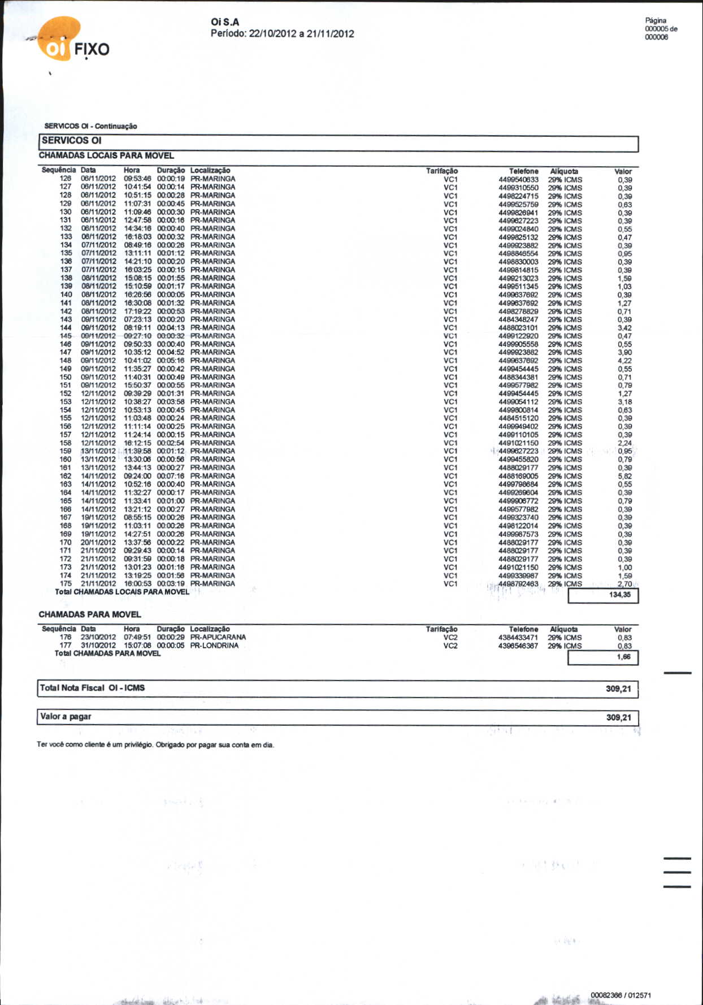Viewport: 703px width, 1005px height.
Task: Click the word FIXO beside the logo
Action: (92, 49)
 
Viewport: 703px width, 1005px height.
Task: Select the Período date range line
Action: (282, 33)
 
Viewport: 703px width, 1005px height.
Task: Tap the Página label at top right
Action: (656, 20)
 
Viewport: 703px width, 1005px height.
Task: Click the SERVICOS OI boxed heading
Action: (72, 140)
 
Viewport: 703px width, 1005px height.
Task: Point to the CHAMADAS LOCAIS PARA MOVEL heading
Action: (106, 155)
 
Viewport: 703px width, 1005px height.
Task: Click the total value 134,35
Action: (620, 595)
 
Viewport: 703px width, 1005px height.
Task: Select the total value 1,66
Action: (623, 657)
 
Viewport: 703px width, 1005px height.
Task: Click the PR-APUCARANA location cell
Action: (218, 637)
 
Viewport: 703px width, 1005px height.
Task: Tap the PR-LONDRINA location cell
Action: (214, 646)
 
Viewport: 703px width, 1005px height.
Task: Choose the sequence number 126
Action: (66, 179)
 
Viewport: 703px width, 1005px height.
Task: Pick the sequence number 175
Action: (66, 583)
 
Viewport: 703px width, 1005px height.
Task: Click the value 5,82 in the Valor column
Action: (624, 476)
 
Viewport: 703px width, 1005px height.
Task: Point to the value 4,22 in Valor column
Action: (624, 361)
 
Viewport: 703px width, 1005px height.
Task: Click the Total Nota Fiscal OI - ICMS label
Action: (92, 688)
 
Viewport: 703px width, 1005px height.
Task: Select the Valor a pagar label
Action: (66, 717)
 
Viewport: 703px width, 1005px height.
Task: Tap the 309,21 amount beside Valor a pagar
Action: (618, 717)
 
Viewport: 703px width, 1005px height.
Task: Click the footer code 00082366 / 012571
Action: (620, 995)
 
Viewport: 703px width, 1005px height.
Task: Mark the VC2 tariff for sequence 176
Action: (450, 637)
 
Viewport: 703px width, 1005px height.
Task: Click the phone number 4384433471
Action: (518, 638)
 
